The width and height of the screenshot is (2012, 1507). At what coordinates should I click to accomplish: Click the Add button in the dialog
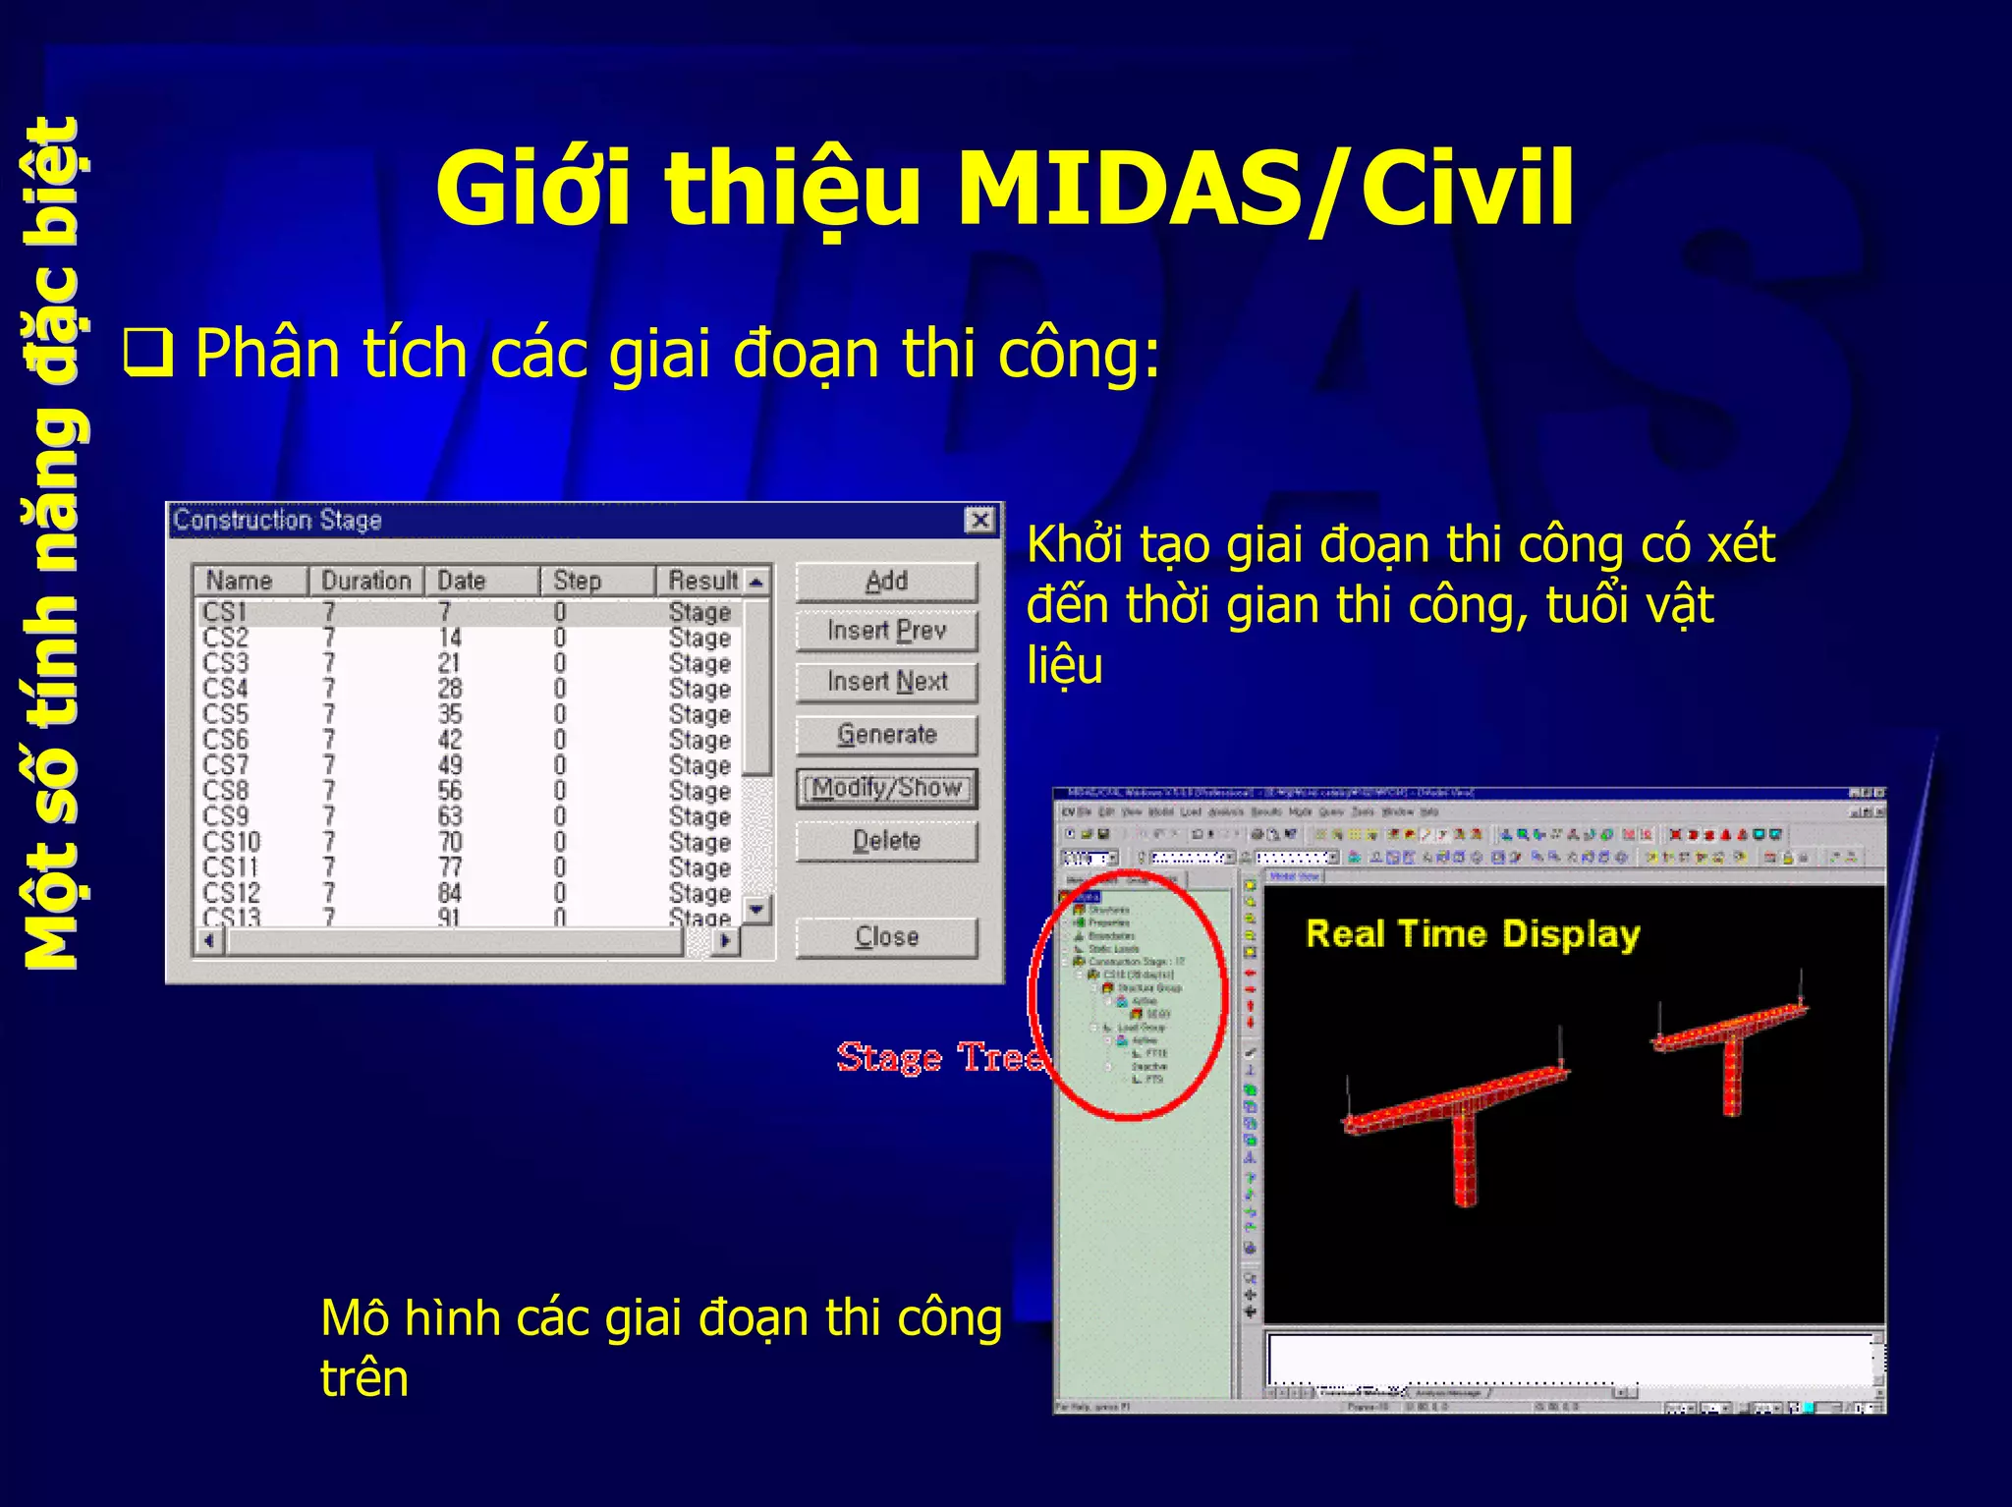(x=886, y=582)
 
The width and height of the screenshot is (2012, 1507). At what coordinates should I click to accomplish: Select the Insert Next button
(x=886, y=682)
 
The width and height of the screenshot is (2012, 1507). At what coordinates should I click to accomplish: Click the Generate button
(x=886, y=735)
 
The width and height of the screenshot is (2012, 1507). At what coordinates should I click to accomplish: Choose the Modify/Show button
(x=886, y=788)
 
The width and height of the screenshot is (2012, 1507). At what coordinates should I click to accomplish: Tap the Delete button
(x=886, y=841)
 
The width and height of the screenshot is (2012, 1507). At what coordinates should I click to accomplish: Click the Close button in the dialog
(x=886, y=937)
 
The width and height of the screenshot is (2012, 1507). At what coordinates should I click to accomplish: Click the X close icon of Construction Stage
(x=979, y=520)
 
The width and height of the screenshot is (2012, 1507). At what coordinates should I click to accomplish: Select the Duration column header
(x=365, y=581)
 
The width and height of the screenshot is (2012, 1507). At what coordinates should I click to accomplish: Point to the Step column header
(x=577, y=581)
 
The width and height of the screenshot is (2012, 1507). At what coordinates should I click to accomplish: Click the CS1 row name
(x=224, y=612)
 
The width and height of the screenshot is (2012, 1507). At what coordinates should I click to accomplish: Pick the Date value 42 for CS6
(x=450, y=740)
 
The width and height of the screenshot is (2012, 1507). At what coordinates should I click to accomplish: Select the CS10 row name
(x=232, y=842)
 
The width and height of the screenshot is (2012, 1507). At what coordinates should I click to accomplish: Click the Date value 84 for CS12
(x=450, y=893)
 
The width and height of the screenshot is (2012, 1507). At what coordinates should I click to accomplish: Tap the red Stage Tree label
(x=938, y=1058)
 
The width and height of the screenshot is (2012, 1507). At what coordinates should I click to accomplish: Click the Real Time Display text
(x=1472, y=933)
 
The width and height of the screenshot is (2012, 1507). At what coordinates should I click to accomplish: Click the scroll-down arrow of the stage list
(x=755, y=910)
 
